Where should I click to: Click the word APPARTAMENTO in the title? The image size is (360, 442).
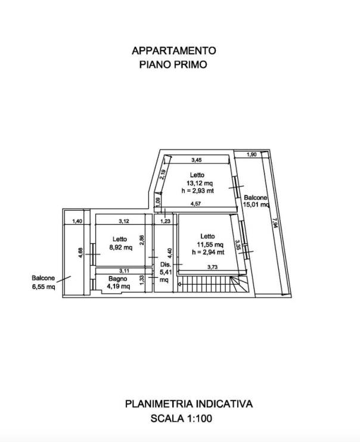pos(174,51)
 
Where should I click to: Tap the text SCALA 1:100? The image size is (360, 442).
pos(181,418)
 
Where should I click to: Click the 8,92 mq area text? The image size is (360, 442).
pos(121,247)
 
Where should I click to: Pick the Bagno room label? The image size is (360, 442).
pos(117,279)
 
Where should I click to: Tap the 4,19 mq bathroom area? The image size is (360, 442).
pos(119,287)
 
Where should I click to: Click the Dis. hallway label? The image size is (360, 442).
pos(166,264)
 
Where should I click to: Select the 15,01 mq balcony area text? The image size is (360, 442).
pos(256,205)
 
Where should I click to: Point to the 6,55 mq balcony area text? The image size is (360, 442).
pos(44,287)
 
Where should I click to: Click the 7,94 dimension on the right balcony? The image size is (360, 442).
pos(275,221)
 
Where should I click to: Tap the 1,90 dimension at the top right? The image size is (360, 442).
pos(252,154)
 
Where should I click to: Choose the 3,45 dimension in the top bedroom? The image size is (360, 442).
pos(197,160)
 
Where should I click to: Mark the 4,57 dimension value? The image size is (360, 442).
pos(196,204)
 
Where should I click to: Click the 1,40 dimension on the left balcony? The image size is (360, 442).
pos(77,221)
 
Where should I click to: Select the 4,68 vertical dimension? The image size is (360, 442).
pos(80,253)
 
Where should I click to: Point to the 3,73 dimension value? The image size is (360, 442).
pos(212,267)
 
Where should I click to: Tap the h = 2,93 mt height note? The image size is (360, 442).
pos(198,191)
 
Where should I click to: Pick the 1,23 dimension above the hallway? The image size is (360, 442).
pos(165,221)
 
